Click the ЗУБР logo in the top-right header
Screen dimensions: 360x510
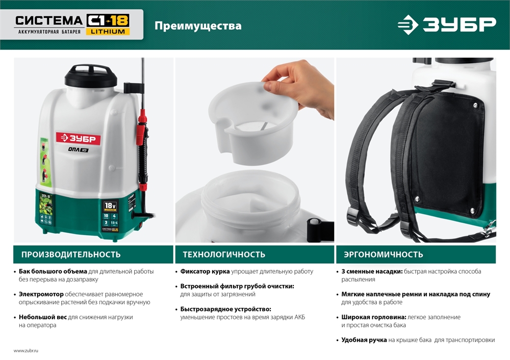pyautogui.click(x=446, y=25)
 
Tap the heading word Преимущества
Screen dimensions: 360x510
pyautogui.click(x=198, y=25)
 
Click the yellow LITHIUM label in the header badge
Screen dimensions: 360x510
pyautogui.click(x=108, y=32)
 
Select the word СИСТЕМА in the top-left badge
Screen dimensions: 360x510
pyautogui.click(x=48, y=20)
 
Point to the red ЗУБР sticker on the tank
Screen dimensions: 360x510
pyautogui.click(x=79, y=139)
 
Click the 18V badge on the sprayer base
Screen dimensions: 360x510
pyautogui.click(x=110, y=205)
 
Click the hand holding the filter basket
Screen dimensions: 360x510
pyautogui.click(x=301, y=87)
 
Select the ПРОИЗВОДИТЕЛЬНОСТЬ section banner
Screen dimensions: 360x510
pyautogui.click(x=93, y=254)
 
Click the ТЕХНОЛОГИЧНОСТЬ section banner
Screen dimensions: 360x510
pyautogui.click(x=254, y=254)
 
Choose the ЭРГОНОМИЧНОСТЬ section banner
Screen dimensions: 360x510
pyautogui.click(x=416, y=254)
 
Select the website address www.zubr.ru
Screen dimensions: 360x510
pyautogui.click(x=26, y=351)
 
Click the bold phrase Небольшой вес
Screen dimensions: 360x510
pyautogui.click(x=43, y=317)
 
